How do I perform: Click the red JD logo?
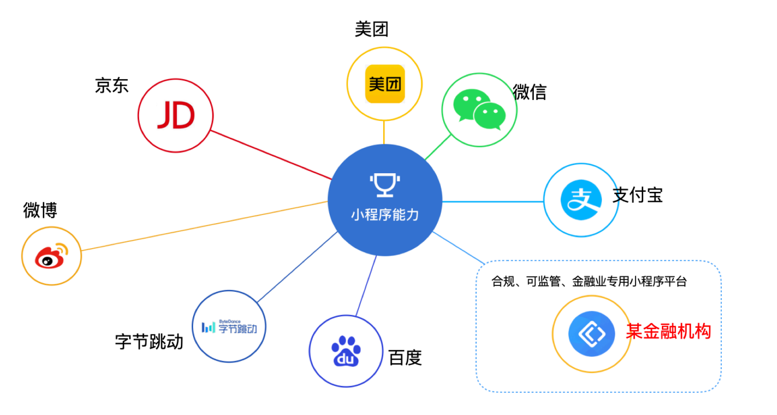[176, 116]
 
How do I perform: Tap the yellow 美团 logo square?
[384, 84]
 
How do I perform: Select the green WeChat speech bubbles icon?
[479, 109]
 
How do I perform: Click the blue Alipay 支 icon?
[580, 199]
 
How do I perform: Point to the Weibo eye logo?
[51, 256]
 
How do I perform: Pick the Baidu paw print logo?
[346, 352]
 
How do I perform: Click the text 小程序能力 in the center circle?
[384, 214]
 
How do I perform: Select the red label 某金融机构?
[668, 332]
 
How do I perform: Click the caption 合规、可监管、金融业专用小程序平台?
[589, 282]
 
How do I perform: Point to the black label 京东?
[112, 86]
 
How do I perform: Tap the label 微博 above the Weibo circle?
[40, 210]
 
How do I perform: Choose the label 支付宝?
[637, 195]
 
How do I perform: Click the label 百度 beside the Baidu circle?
[405, 357]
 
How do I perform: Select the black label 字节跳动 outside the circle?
[149, 341]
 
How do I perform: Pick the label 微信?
[529, 92]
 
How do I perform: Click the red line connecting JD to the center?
[270, 155]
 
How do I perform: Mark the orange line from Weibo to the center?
[204, 226]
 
